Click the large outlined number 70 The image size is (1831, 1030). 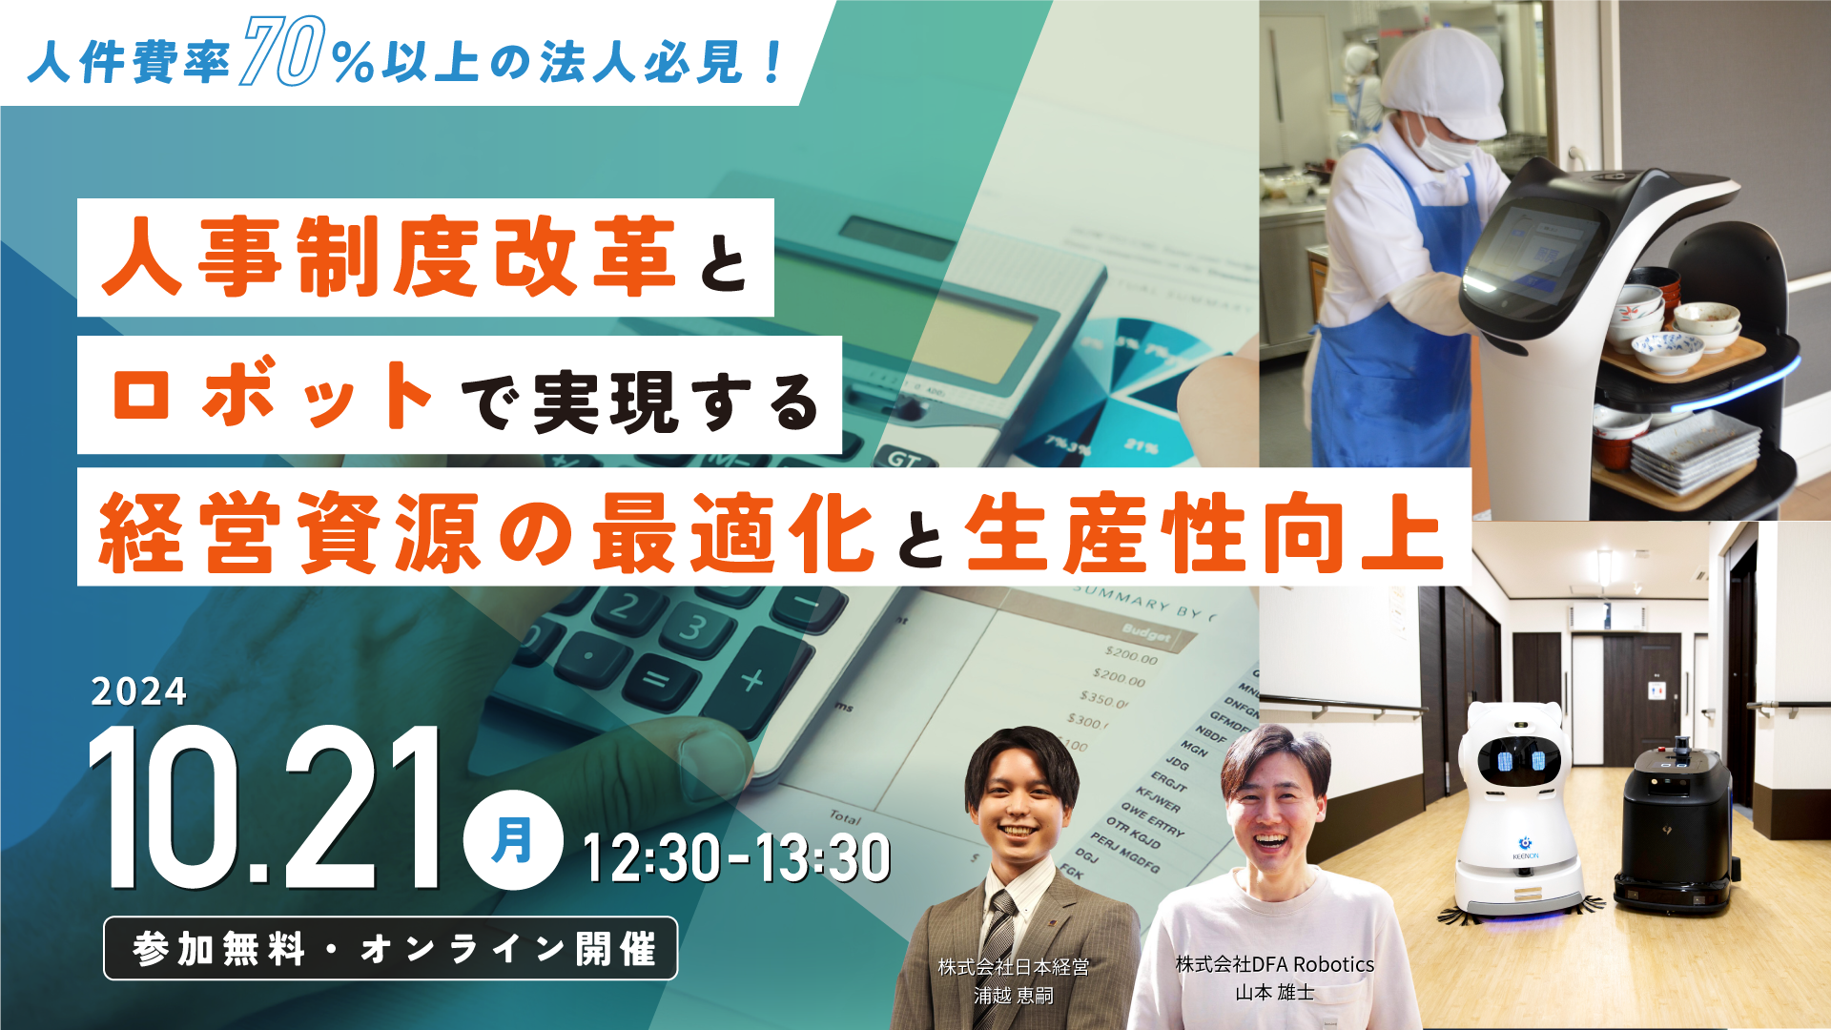tap(282, 52)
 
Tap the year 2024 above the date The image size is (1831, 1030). tap(139, 691)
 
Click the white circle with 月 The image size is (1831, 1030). tap(512, 840)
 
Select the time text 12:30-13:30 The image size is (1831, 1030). tap(736, 857)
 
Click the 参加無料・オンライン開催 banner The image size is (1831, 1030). tap(391, 949)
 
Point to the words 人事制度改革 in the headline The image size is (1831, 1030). tap(389, 257)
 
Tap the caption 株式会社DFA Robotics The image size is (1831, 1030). tap(1274, 964)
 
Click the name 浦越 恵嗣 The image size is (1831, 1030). tap(1013, 996)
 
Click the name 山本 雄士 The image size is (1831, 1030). tap(1274, 993)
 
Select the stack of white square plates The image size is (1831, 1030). tap(1695, 448)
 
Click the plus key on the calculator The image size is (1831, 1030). tap(752, 680)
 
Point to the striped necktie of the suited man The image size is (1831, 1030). tap(998, 929)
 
